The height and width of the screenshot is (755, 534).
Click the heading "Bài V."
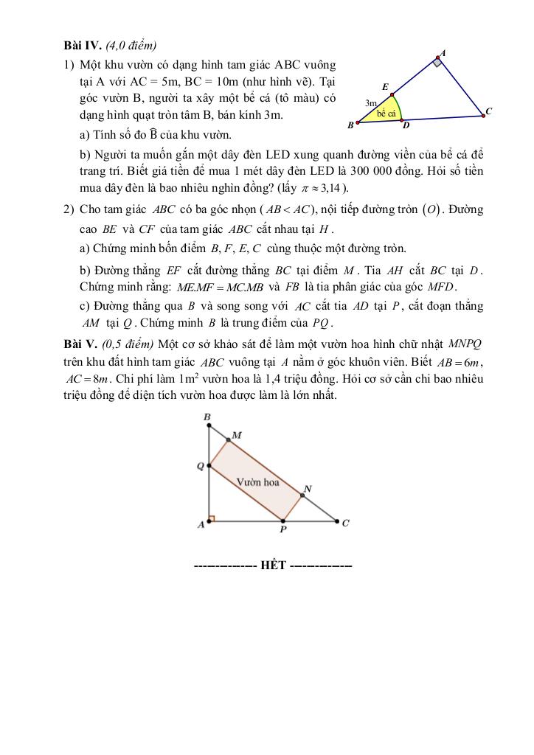pyautogui.click(x=80, y=344)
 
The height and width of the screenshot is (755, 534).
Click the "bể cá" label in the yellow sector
pyautogui.click(x=386, y=114)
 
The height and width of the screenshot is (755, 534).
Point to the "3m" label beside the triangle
pyautogui.click(x=371, y=103)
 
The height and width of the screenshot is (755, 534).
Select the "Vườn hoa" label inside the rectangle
pyautogui.click(x=257, y=483)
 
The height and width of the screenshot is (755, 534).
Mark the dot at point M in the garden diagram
pyautogui.click(x=227, y=440)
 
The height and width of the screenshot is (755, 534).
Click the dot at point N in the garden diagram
pyautogui.click(x=302, y=495)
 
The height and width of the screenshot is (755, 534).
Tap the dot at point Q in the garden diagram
pyautogui.click(x=210, y=466)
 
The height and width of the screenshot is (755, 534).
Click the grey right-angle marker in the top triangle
pyautogui.click(x=437, y=63)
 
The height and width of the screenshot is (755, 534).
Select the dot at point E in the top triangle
pyautogui.click(x=392, y=94)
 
